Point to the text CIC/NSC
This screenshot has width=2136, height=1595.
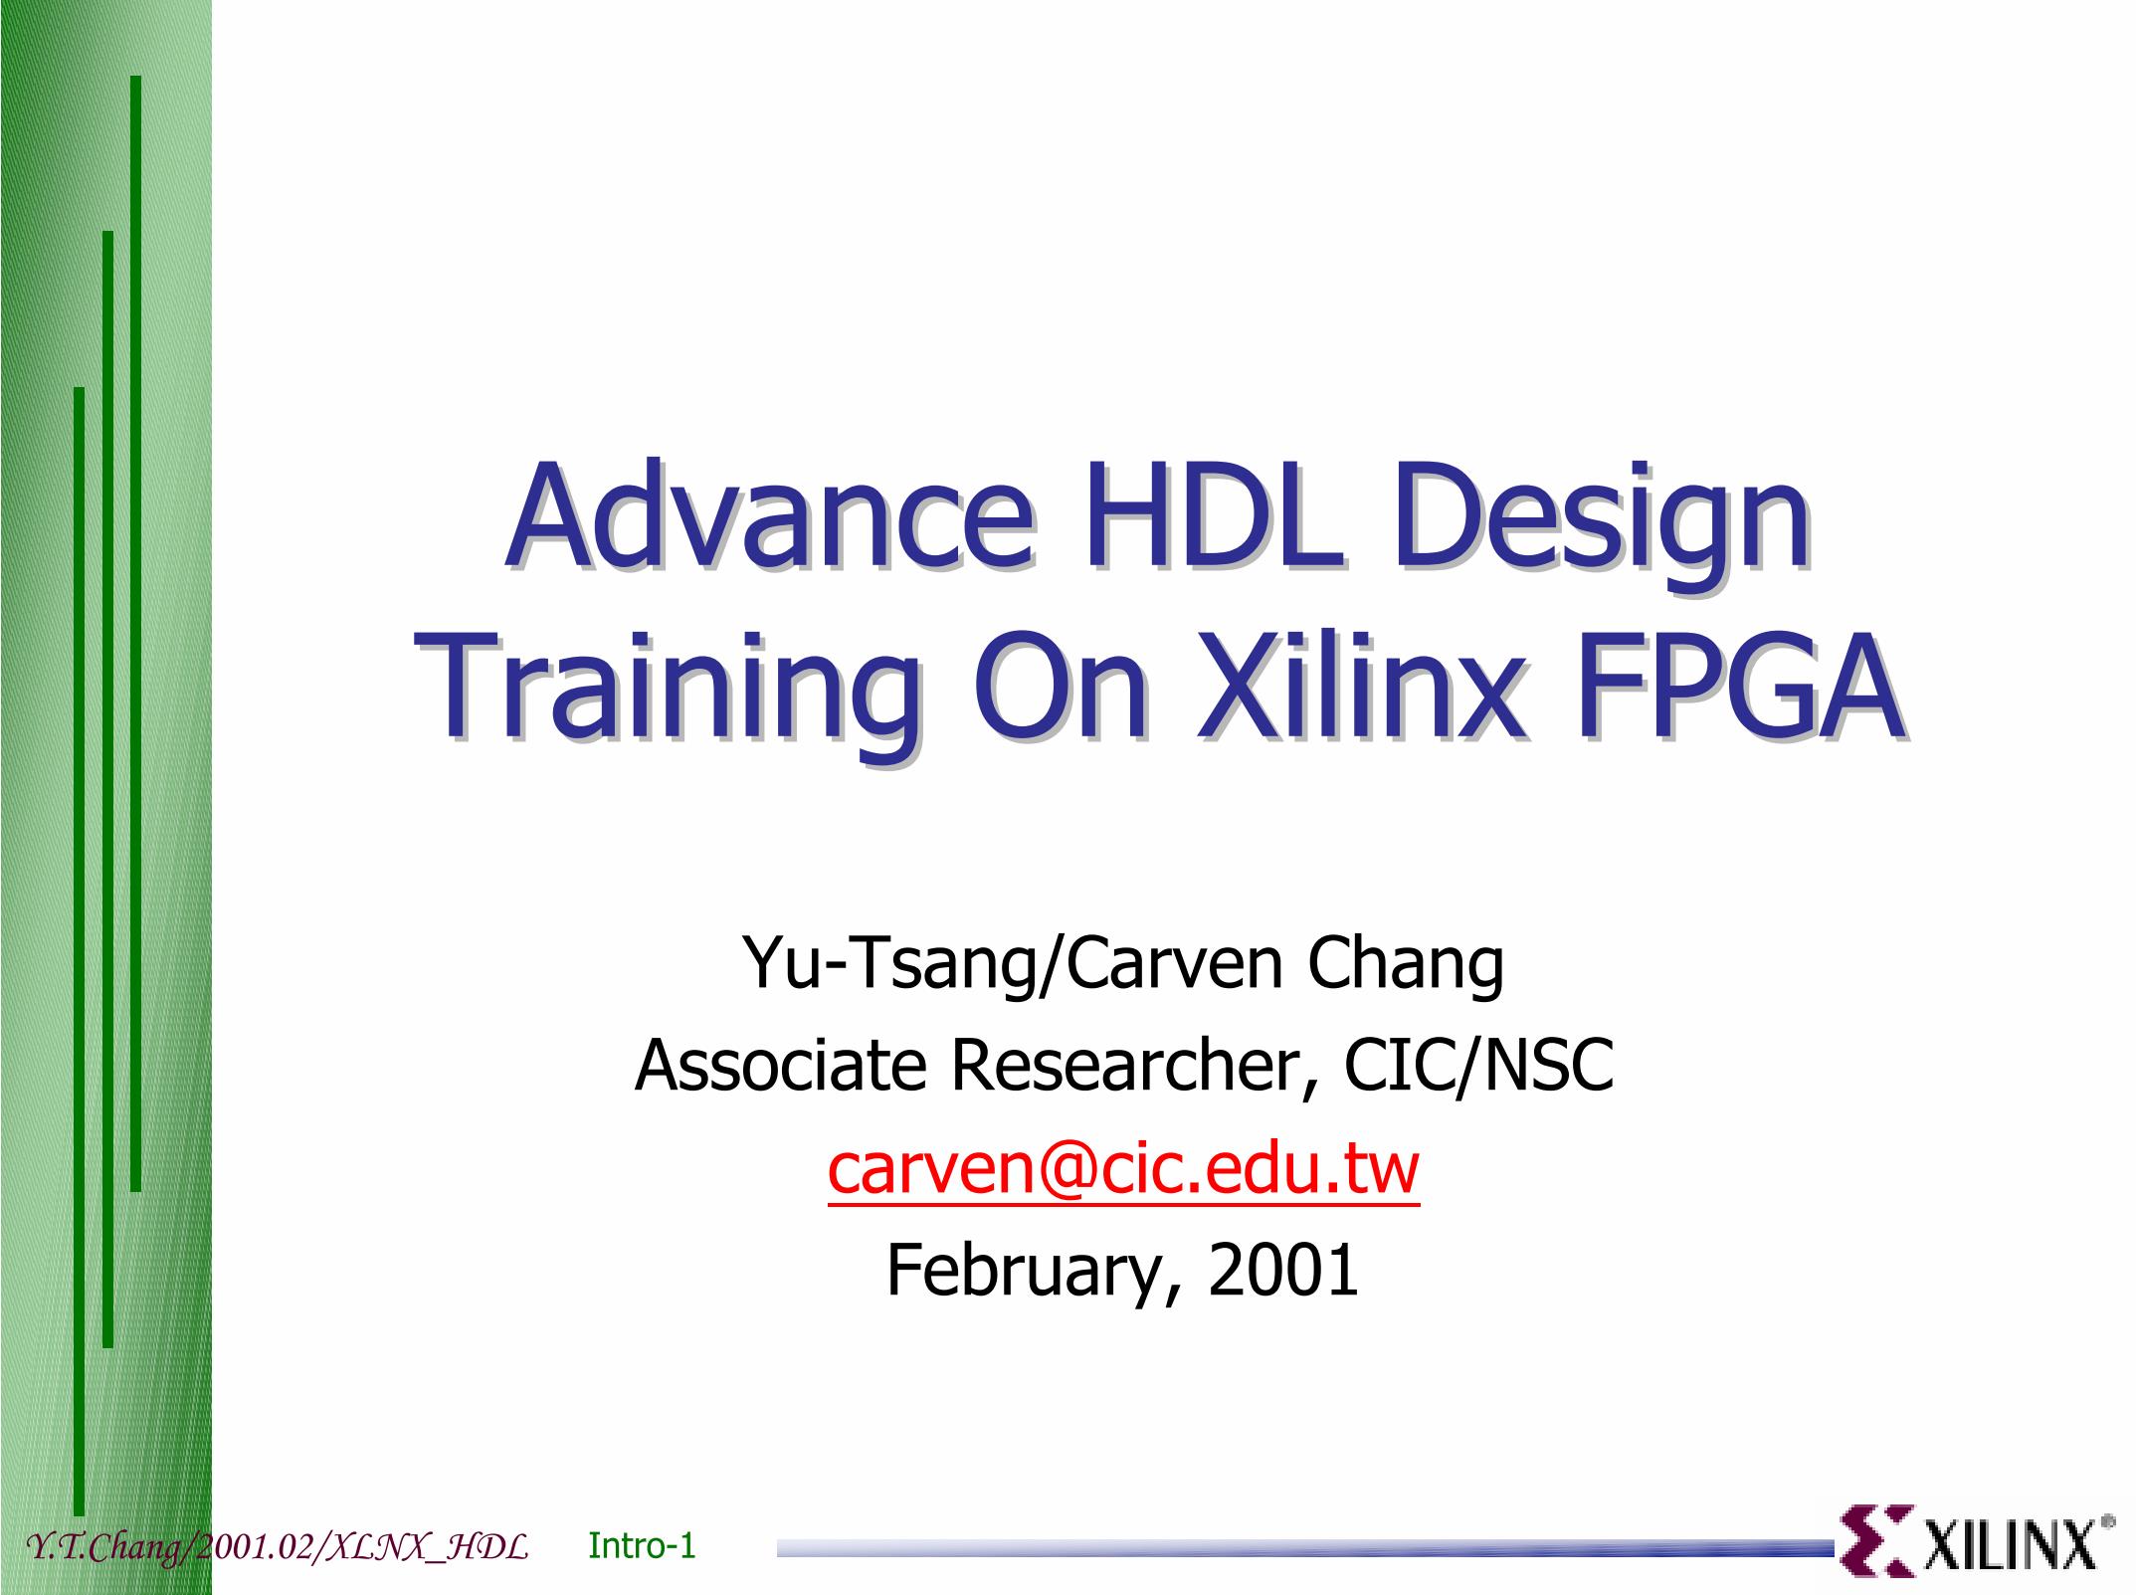pyautogui.click(x=1478, y=1067)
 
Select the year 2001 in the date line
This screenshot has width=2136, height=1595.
pyautogui.click(x=1283, y=1271)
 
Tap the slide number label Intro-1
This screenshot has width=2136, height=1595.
pyautogui.click(x=642, y=1545)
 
